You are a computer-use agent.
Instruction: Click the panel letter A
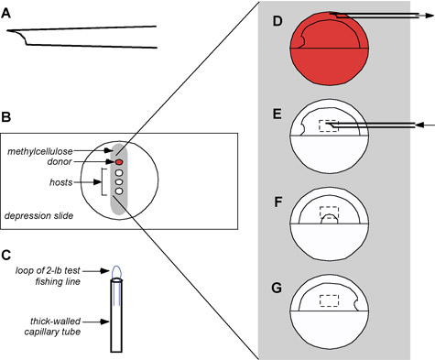click(5, 13)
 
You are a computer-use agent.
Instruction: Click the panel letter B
click(5, 117)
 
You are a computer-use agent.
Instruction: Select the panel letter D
click(277, 21)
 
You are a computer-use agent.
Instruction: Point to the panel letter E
click(277, 115)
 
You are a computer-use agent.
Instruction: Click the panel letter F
click(277, 202)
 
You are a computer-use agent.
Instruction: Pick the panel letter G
click(277, 289)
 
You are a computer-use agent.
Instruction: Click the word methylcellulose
click(40, 151)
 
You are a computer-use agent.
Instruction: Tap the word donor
click(60, 162)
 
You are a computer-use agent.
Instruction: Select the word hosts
click(61, 182)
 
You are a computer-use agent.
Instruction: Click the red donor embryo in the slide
click(119, 161)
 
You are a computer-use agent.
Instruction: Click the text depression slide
click(38, 216)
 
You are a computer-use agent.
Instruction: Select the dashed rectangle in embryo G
click(329, 300)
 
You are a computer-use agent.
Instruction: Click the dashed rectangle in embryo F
click(329, 213)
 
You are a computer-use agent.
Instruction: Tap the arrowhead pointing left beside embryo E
click(420, 125)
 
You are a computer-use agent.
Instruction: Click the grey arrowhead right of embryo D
click(429, 16)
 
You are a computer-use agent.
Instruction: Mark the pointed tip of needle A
click(7, 30)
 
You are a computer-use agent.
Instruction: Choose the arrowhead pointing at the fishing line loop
click(105, 270)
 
